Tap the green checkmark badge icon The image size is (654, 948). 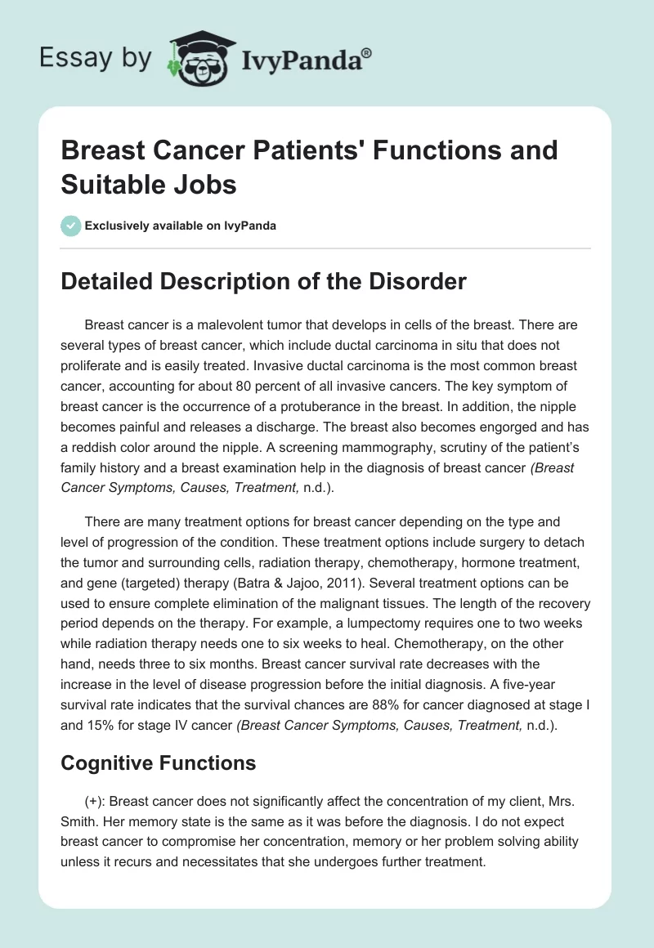click(x=72, y=226)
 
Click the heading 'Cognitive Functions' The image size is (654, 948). click(x=159, y=762)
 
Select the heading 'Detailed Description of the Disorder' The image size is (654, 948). click(x=264, y=281)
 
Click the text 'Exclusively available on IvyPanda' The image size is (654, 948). click(x=181, y=226)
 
